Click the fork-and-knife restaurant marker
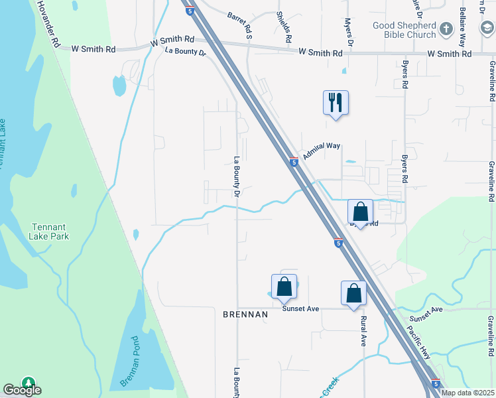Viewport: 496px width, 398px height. [x=336, y=103]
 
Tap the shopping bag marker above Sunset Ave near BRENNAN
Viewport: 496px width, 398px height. [x=284, y=287]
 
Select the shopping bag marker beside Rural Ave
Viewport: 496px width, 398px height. [x=353, y=293]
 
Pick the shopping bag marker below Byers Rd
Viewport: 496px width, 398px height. [x=360, y=212]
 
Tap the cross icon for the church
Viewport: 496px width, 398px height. [x=445, y=29]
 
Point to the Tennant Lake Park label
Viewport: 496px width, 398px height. [x=50, y=232]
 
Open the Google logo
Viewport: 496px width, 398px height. [x=22, y=390]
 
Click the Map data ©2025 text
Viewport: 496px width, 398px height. [x=467, y=393]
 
